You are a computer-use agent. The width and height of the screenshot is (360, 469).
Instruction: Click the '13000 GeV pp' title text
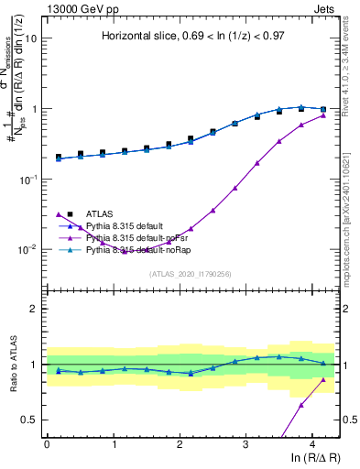(x=76, y=7)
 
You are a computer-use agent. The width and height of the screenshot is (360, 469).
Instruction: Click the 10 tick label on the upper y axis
(x=30, y=39)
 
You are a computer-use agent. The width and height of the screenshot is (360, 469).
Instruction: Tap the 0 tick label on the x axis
(x=47, y=444)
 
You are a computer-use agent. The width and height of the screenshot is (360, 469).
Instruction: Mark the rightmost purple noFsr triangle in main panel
(x=323, y=115)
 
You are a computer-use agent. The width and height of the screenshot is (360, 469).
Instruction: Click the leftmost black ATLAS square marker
(x=59, y=157)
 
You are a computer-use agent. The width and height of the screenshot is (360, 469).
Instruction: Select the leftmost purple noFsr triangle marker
(x=59, y=215)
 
